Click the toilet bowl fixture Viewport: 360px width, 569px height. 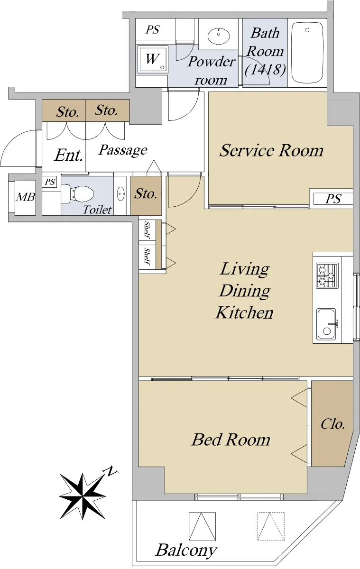pos(77,194)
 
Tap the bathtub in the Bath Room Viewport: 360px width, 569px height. pos(307,52)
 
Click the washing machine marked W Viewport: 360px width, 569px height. pos(153,59)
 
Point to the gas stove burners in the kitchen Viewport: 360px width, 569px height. pos(327,275)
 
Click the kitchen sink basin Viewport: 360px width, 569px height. pos(326,324)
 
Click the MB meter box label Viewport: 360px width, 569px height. pos(26,197)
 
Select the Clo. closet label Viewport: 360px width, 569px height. pos(332,424)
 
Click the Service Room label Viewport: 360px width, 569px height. pos(271,150)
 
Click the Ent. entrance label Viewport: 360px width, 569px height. pos(69,155)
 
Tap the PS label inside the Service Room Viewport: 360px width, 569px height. pos(333,199)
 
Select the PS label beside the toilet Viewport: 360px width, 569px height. pos(50,182)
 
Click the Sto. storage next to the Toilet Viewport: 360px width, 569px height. pos(146,194)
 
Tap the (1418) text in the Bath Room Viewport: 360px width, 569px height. pos(266,69)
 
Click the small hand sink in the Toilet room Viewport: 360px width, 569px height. pos(120,194)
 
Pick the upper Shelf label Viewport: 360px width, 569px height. pos(147,230)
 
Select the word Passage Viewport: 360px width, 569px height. pos(123,150)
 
